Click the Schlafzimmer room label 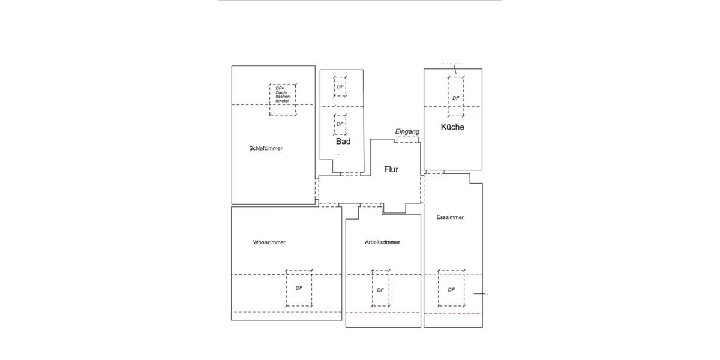click(x=265, y=148)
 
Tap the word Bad click(x=343, y=142)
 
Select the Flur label click(x=391, y=169)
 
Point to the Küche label click(x=452, y=127)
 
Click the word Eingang click(x=407, y=131)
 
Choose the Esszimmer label click(x=450, y=217)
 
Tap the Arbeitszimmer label click(x=382, y=242)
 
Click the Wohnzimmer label click(x=269, y=242)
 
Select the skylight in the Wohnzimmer click(x=299, y=288)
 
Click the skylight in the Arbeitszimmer click(x=380, y=289)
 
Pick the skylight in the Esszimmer click(x=451, y=289)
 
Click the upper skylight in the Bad click(x=340, y=87)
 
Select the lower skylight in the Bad click(x=340, y=124)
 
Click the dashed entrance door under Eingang click(x=407, y=139)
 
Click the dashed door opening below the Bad click(x=350, y=174)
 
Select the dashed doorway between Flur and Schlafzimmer click(x=317, y=191)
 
